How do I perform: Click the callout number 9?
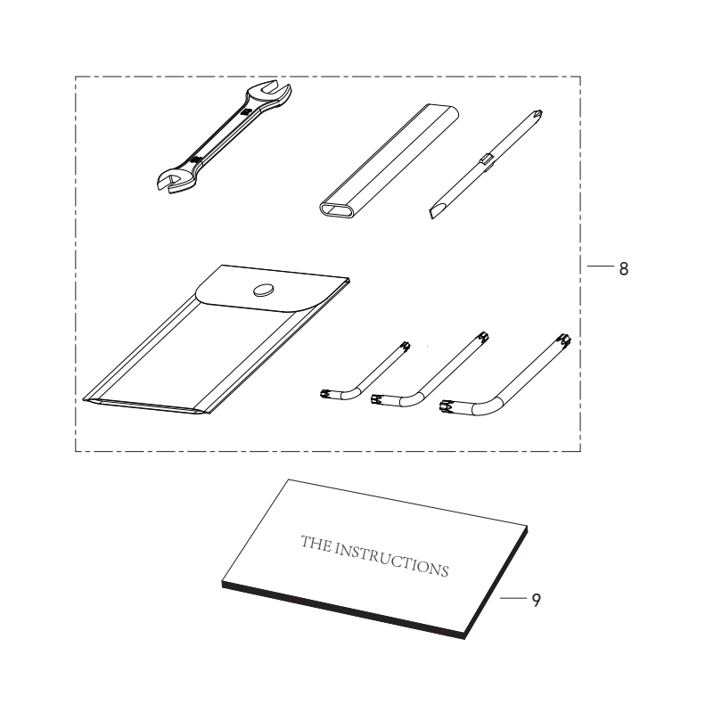click(x=536, y=601)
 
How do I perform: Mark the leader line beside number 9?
click(x=512, y=600)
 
